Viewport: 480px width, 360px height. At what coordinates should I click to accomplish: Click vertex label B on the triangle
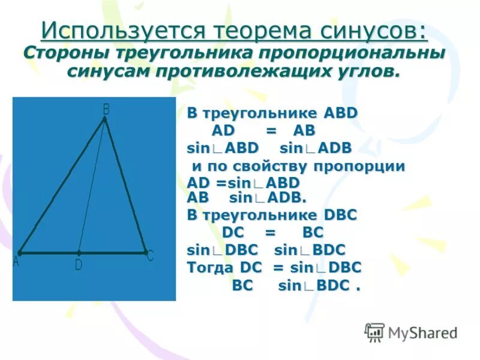106,109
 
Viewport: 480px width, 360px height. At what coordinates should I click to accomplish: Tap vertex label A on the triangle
16,262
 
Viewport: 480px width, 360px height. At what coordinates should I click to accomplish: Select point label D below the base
79,265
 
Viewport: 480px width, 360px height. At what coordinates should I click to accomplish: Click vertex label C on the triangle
150,256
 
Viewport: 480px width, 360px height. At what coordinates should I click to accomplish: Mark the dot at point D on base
79,253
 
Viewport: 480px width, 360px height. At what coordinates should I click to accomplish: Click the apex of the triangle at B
104,119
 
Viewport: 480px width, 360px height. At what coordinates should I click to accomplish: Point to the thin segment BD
92,186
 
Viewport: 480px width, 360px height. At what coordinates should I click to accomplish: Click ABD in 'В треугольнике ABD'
340,113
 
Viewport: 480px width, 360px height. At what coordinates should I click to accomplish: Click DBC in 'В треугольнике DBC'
340,215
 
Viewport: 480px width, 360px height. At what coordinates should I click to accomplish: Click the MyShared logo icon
374,332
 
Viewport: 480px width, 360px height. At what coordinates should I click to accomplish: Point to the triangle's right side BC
125,186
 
